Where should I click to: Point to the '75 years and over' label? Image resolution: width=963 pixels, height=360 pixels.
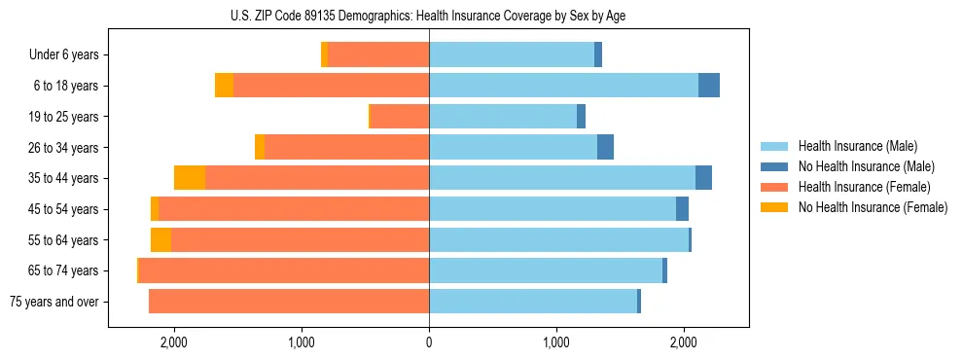tap(54, 302)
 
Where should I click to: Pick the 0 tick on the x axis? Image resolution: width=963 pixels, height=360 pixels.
tap(429, 342)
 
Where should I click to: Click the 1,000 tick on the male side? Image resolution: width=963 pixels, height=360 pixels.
tap(556, 342)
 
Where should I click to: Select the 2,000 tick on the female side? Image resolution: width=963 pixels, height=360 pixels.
tap(174, 342)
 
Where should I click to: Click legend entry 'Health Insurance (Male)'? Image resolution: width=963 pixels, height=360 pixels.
tap(857, 146)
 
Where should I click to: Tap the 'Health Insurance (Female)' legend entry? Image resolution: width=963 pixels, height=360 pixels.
tap(865, 187)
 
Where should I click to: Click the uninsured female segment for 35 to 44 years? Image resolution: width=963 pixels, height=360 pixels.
tap(190, 178)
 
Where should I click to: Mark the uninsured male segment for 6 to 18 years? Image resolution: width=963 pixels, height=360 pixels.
tap(709, 86)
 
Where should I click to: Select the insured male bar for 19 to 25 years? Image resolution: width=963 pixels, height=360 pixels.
tap(503, 117)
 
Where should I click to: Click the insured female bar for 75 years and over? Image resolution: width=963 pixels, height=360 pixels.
tap(289, 302)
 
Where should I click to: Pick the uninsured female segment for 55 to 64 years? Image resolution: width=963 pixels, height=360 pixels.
tap(160, 240)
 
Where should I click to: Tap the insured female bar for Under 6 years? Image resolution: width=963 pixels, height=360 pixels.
tap(378, 55)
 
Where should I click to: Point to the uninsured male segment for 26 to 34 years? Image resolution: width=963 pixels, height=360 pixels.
tap(605, 147)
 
